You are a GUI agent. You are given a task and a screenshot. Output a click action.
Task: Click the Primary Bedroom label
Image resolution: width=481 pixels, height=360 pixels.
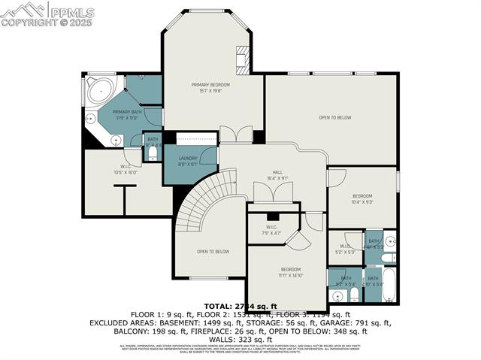pos(210,88)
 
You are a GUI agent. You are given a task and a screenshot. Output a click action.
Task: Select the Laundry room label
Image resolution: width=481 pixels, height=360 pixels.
pos(187,160)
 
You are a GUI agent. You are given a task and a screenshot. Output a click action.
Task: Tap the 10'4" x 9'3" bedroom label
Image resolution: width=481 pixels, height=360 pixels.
pos(362,199)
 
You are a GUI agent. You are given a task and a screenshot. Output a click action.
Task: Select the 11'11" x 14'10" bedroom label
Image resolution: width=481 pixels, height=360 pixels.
pos(291,272)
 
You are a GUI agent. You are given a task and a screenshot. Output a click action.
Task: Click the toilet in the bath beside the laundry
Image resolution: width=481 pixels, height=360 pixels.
pos(153,153)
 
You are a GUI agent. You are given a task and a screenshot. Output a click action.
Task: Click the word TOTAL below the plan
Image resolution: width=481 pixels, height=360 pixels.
pos(219,306)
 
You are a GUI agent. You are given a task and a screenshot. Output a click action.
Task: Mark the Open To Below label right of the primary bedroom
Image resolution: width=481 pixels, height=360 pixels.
pos(334,117)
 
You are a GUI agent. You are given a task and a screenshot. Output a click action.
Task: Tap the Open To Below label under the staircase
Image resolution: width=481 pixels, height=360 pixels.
pos(213,252)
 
